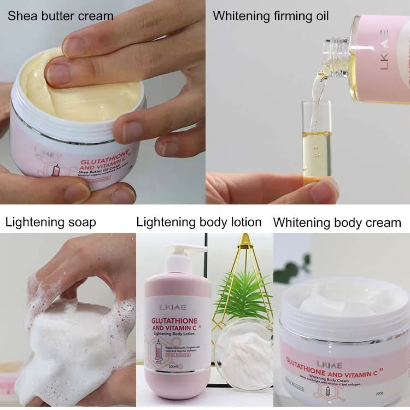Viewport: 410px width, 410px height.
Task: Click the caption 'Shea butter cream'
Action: pos(60,15)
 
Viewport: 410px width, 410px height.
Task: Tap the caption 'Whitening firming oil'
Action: pos(271,15)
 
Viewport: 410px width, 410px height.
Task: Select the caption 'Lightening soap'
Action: pos(50,222)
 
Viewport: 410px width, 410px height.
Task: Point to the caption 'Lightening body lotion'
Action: pos(198,222)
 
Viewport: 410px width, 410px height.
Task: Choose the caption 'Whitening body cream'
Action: pos(337,222)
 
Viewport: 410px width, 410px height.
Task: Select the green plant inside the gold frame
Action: pos(245,292)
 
